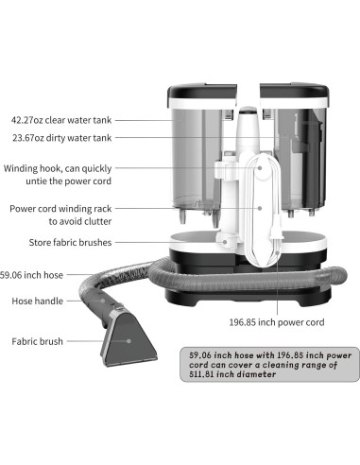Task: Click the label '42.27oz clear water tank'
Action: point(72,120)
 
